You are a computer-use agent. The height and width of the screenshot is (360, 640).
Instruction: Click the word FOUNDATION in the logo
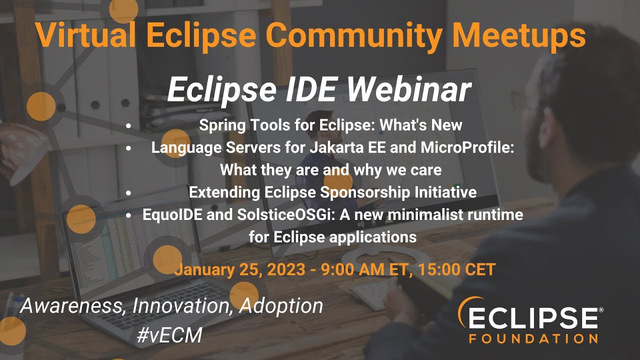(533, 338)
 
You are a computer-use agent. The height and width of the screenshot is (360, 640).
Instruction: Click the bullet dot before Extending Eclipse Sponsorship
(129, 192)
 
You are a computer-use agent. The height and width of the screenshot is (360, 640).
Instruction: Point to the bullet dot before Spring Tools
(129, 125)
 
